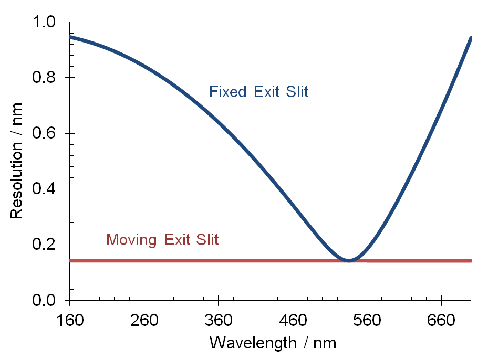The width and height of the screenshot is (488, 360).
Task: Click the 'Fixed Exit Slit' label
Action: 258,92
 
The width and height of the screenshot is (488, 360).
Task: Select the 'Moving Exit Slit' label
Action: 162,240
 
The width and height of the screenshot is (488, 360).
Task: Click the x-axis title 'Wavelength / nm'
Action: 273,343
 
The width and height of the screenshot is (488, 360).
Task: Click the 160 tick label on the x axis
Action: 69,319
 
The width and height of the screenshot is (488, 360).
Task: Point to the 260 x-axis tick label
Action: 143,319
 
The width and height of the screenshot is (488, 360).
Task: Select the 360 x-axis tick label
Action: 218,319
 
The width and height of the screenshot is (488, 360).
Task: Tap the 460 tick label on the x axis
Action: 292,319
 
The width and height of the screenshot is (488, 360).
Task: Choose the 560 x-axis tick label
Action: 367,319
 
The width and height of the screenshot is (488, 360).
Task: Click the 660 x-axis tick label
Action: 441,319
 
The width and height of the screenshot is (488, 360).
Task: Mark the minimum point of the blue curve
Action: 349,260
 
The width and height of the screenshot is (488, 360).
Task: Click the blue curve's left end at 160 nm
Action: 70,37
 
